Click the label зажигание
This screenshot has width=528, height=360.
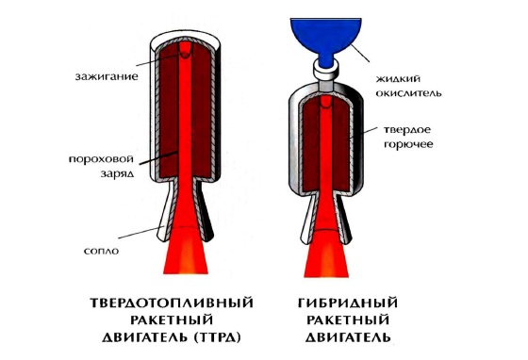point(107,76)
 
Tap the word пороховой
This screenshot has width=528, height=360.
point(101,159)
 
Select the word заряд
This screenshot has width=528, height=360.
point(117,173)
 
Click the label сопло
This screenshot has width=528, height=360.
point(102,251)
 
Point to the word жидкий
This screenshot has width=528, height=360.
point(398,79)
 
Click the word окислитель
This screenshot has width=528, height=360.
point(408,93)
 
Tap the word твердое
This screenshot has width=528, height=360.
point(407,129)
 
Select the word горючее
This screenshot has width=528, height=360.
point(408,145)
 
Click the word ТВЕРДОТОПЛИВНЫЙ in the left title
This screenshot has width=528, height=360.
point(172,303)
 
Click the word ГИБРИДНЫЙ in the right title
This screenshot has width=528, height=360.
point(348,303)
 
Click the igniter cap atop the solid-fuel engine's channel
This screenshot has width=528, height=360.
point(185,50)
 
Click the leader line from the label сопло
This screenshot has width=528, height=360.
point(140,233)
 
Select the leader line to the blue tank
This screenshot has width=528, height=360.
point(360,53)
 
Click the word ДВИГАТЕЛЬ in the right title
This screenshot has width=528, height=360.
point(348,336)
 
